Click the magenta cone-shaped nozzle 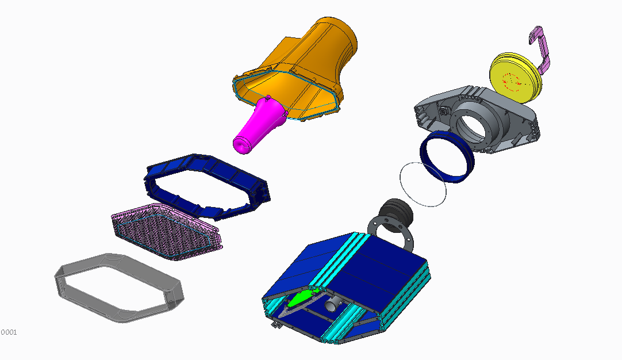[260, 125]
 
